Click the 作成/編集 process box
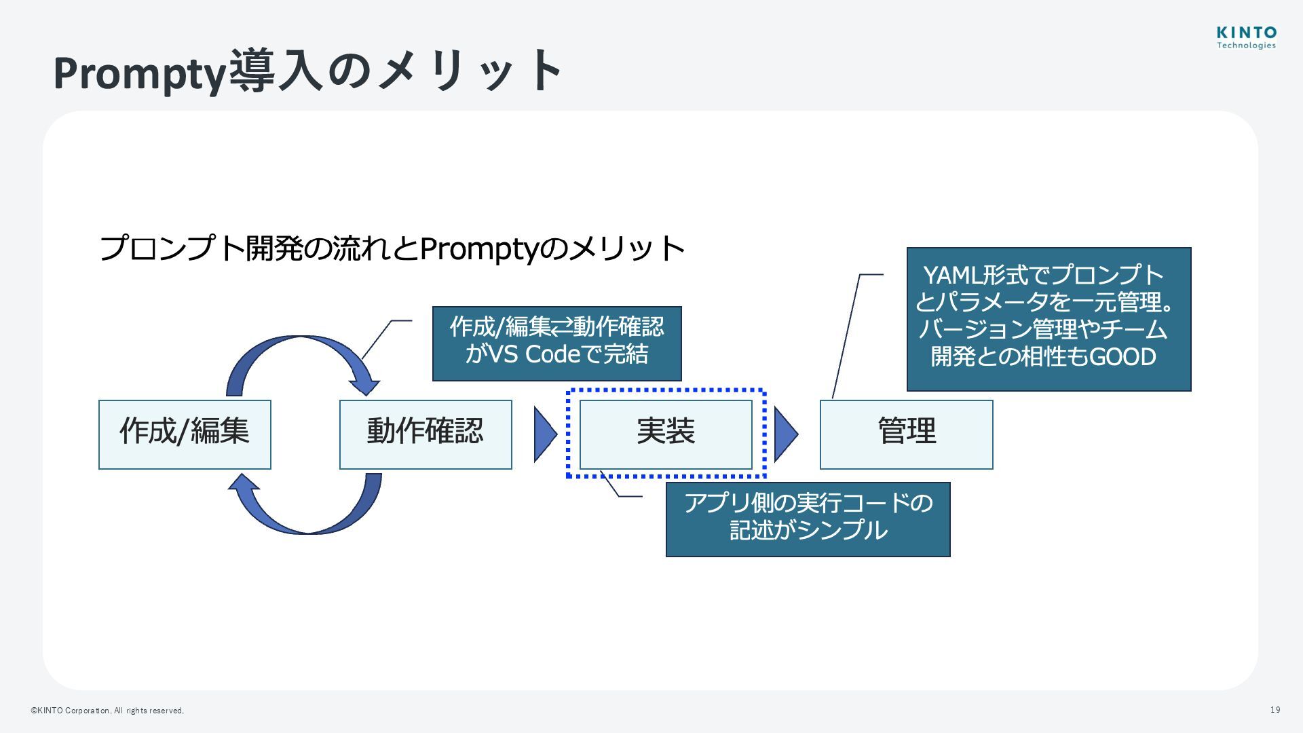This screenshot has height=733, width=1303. [185, 434]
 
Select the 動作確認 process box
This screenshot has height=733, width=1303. [426, 434]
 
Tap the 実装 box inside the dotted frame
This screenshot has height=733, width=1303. [666, 434]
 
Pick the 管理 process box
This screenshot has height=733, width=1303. [906, 434]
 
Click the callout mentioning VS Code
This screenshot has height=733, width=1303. [556, 343]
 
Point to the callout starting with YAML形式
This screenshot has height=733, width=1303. [1049, 319]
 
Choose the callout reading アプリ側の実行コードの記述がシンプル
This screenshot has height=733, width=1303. [808, 519]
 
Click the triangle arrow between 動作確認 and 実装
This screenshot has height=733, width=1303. [544, 434]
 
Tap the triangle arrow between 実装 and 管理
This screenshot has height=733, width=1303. [785, 434]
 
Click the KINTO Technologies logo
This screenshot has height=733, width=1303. [1246, 37]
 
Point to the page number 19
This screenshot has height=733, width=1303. [1275, 710]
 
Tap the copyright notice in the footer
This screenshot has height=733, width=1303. [107, 711]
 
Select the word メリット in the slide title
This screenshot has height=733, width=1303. [468, 71]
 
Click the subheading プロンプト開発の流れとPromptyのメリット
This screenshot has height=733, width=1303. [392, 248]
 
